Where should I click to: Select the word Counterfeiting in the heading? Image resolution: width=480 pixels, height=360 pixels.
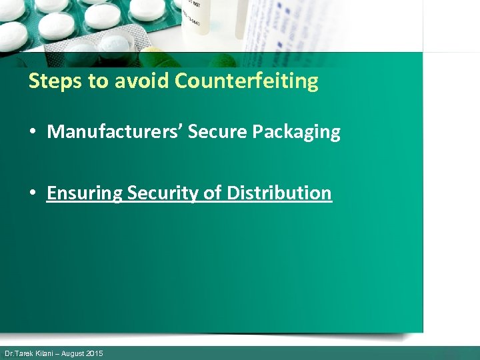(x=247, y=81)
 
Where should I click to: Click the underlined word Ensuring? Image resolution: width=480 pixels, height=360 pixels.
(x=85, y=193)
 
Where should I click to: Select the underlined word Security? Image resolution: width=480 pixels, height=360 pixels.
(x=163, y=193)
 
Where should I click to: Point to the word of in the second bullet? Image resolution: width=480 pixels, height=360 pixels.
(x=213, y=193)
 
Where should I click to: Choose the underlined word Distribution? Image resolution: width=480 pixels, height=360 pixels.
(x=279, y=193)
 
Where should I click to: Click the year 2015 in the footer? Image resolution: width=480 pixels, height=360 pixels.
(x=95, y=353)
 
